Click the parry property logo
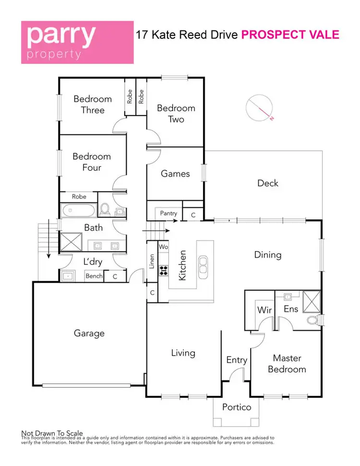tap(77, 42)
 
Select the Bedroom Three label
tap(92, 104)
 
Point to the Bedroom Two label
tap(176, 113)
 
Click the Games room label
tap(175, 174)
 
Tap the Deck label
tap(267, 183)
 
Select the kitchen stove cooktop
tap(164, 270)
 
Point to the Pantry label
tap(168, 214)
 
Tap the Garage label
tap(89, 333)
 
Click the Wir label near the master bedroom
tap(264, 310)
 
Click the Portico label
tap(236, 407)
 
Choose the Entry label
tap(236, 360)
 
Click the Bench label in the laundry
tap(94, 276)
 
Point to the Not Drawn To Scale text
tap(52, 433)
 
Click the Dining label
tap(267, 255)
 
